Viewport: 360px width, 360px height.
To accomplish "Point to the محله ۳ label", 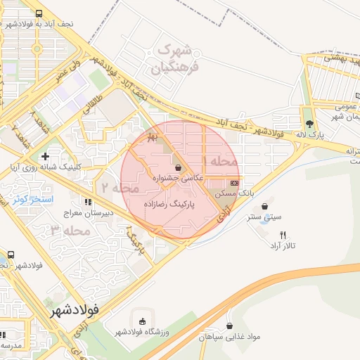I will [70, 230].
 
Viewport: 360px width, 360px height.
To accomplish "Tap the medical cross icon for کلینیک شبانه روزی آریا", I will [46, 156].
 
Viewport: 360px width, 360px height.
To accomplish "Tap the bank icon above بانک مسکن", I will [234, 182].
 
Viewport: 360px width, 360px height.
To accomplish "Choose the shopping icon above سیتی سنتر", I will [264, 207].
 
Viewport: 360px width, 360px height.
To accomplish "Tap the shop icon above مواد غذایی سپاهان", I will [230, 326].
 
